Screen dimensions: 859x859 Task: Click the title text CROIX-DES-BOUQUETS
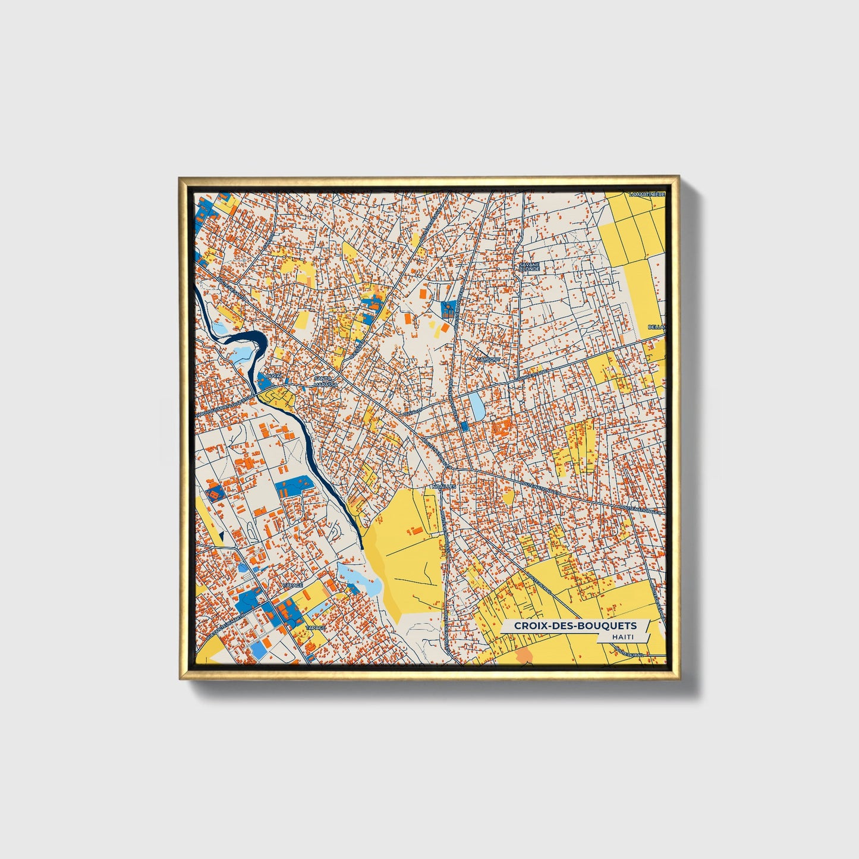pyautogui.click(x=575, y=625)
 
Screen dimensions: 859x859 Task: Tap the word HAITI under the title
pyautogui.click(x=622, y=637)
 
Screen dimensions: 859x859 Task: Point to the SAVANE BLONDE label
pyautogui.click(x=528, y=266)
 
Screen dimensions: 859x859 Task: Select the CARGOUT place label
pyautogui.click(x=489, y=360)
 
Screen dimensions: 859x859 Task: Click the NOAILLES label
pyautogui.click(x=443, y=486)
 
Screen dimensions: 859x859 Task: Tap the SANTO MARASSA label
pyautogui.click(x=326, y=381)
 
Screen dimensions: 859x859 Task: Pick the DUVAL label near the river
pyautogui.click(x=274, y=376)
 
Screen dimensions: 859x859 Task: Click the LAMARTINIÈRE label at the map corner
pyautogui.click(x=647, y=194)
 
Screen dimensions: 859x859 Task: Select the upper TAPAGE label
pyautogui.click(x=292, y=586)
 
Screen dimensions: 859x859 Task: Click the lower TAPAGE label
pyautogui.click(x=315, y=628)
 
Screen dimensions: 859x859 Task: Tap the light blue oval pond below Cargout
pyautogui.click(x=477, y=405)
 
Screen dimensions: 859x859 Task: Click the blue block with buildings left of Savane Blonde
pyautogui.click(x=448, y=308)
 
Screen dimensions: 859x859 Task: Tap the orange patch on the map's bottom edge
pyautogui.click(x=524, y=656)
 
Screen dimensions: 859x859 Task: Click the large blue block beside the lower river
pyautogui.click(x=292, y=486)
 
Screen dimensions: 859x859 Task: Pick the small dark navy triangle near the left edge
pyautogui.click(x=221, y=536)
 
